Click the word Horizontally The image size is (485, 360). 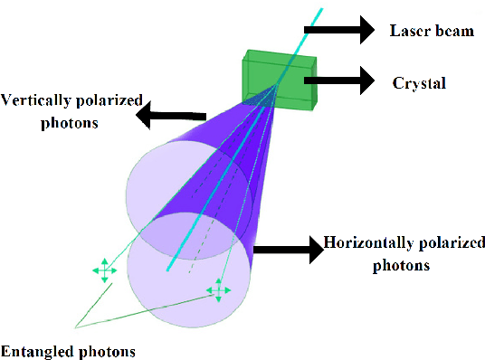click(361, 243)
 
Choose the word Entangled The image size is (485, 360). click(33, 350)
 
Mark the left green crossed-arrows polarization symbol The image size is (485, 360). click(104, 270)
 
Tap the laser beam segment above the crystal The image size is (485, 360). click(308, 27)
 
